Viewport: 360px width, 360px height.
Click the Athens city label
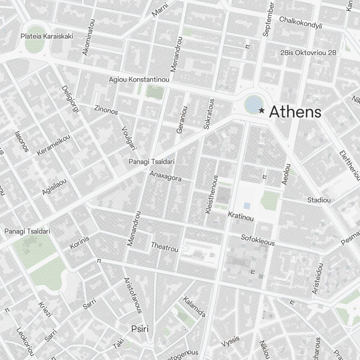click(295, 112)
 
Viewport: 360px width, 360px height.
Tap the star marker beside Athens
click(262, 111)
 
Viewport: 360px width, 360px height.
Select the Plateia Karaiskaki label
click(47, 36)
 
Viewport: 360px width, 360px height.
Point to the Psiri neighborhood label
click(140, 329)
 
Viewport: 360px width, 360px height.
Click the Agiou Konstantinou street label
click(139, 79)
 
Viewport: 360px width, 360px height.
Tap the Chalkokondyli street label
click(301, 22)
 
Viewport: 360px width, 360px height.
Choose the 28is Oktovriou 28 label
click(308, 53)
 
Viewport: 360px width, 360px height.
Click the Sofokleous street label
click(258, 240)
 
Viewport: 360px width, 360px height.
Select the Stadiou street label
click(319, 200)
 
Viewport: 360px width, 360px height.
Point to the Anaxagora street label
click(165, 176)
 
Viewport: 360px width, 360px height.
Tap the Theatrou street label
click(165, 247)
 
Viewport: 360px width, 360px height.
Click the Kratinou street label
click(241, 216)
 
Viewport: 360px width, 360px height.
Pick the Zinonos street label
click(106, 109)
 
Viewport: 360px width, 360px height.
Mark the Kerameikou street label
click(54, 144)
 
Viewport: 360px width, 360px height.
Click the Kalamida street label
click(194, 307)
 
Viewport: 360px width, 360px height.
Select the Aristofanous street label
click(133, 295)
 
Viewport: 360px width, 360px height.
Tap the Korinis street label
click(79, 243)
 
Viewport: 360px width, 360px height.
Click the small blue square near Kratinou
click(247, 206)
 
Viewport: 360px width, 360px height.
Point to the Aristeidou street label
click(318, 278)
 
